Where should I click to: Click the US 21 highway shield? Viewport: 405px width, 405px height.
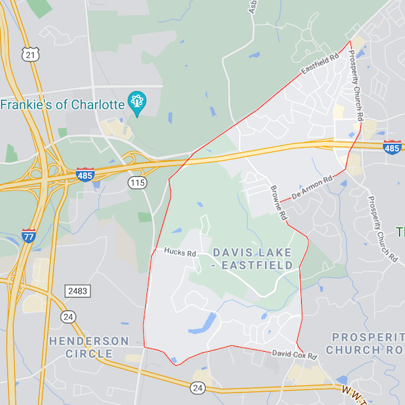(x=28, y=54)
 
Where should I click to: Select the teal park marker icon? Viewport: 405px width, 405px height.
(x=138, y=103)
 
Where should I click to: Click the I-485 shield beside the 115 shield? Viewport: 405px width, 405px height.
(x=84, y=174)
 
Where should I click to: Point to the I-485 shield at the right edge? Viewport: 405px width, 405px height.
(x=393, y=146)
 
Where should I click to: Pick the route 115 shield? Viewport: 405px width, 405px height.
(x=138, y=182)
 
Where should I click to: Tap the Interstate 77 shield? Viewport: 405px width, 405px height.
(x=28, y=235)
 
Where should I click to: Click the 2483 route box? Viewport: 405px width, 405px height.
(x=78, y=290)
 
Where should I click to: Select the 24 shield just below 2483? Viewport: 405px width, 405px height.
(x=68, y=316)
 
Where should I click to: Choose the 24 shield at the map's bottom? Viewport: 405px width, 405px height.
(x=197, y=387)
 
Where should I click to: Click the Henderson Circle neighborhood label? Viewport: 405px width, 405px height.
(x=88, y=347)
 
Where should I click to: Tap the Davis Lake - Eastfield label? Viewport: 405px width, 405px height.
(x=252, y=259)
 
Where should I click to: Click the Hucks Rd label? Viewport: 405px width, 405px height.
(x=180, y=252)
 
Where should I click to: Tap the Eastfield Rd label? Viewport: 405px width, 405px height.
(x=320, y=65)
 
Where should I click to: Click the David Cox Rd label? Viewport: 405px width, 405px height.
(x=294, y=354)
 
